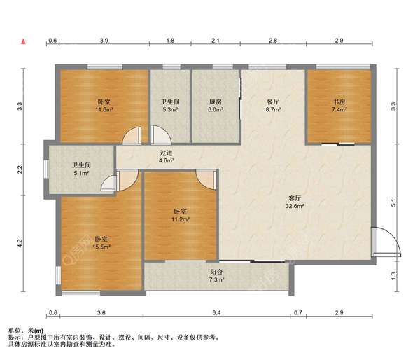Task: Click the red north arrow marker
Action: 24,41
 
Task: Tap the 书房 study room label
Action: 339,102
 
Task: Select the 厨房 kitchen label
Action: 216,102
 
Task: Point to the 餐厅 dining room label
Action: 273,102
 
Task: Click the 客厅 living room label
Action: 295,198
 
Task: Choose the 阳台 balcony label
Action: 216,272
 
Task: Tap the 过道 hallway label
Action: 166,153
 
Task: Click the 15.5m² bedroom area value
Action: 101,247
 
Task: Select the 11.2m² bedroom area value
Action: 181,219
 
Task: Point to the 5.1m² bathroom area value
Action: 81,173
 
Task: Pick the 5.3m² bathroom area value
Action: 170,109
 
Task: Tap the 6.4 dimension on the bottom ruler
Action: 216,312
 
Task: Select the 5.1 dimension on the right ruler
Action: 393,203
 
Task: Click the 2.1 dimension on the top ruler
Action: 216,41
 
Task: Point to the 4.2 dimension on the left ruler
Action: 20,243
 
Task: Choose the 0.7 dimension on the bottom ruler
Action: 298,312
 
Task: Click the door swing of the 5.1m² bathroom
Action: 108,183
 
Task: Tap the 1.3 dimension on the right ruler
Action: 393,276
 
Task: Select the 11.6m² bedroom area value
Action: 104,109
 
